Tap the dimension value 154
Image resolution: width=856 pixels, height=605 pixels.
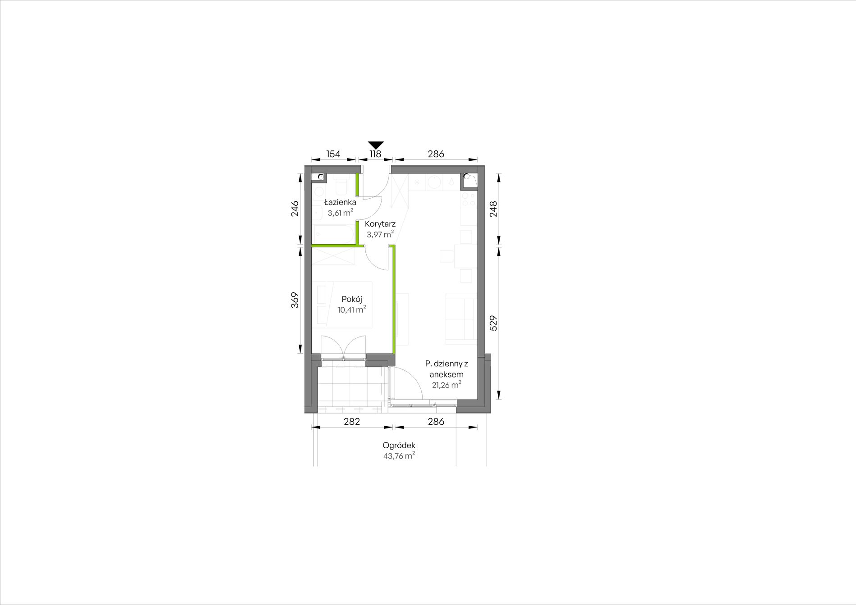click(333, 154)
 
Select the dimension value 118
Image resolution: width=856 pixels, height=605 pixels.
click(375, 154)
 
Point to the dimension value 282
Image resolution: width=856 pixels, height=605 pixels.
click(352, 422)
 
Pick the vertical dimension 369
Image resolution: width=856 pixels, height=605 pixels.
click(295, 300)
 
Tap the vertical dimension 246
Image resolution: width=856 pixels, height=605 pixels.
click(295, 209)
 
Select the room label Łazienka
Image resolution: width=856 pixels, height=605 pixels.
click(340, 202)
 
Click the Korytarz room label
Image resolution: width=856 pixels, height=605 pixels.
click(380, 223)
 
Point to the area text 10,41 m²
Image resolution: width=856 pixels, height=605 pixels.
click(352, 309)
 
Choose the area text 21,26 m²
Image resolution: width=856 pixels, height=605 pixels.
click(446, 385)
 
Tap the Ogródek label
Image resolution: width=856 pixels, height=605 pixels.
click(399, 445)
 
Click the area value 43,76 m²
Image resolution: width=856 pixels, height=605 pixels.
click(399, 455)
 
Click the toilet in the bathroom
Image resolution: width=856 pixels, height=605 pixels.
click(341, 183)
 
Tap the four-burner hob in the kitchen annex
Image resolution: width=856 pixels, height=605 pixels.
click(468, 200)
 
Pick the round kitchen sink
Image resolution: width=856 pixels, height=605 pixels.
click(434, 182)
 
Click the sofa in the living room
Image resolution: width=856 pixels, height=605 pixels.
click(461, 317)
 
